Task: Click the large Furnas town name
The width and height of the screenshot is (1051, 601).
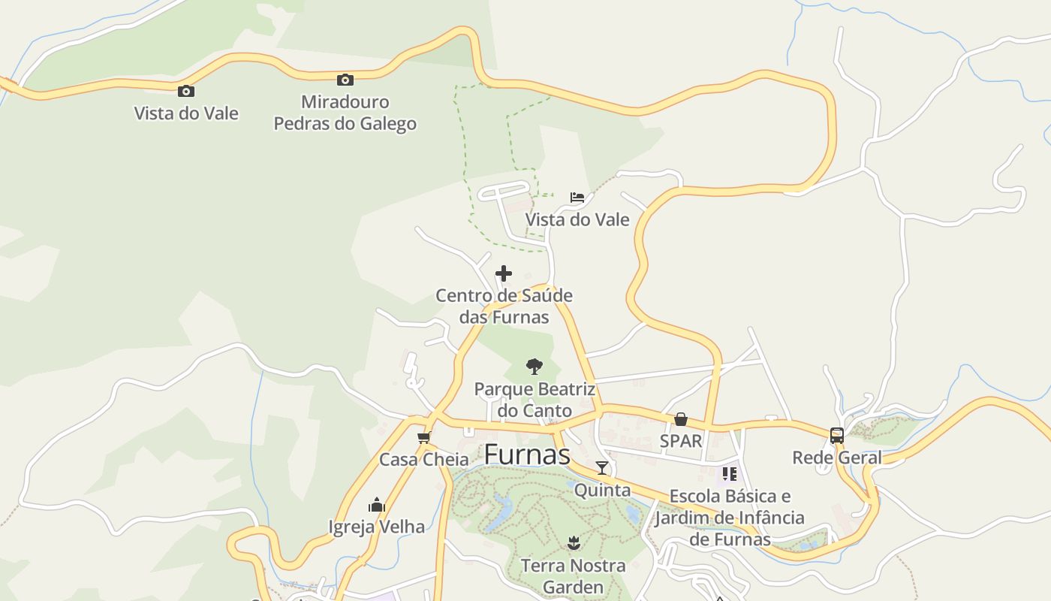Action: pyautogui.click(x=527, y=455)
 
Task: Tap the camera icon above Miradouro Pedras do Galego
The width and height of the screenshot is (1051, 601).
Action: pyautogui.click(x=345, y=80)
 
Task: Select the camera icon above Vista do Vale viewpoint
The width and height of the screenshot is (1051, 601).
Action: pyautogui.click(x=185, y=92)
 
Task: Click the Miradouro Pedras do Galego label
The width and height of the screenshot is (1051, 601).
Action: pyautogui.click(x=345, y=113)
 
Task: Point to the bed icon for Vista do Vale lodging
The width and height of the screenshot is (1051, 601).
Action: pyautogui.click(x=577, y=198)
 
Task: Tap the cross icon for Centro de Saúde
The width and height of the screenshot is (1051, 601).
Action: pyautogui.click(x=504, y=273)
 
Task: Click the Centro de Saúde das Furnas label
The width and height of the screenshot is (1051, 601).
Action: pyautogui.click(x=504, y=306)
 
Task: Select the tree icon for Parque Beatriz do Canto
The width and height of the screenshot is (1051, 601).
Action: pyautogui.click(x=535, y=367)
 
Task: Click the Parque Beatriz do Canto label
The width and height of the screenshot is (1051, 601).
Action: pyautogui.click(x=535, y=400)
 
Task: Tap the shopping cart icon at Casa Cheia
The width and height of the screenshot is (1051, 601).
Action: pyautogui.click(x=424, y=437)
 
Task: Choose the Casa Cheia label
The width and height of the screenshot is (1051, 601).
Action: pyautogui.click(x=423, y=459)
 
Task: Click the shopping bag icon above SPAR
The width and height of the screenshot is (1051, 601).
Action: pyautogui.click(x=681, y=419)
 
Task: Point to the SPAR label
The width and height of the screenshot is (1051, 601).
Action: pyautogui.click(x=681, y=441)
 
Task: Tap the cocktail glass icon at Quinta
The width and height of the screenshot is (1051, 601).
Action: pyautogui.click(x=602, y=468)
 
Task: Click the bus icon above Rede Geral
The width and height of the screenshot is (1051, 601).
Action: pyautogui.click(x=837, y=436)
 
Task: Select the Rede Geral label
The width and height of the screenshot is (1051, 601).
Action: pyautogui.click(x=837, y=458)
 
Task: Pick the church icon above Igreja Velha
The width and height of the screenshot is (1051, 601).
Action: pyautogui.click(x=377, y=505)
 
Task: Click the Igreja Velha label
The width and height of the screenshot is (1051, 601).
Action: pyautogui.click(x=377, y=527)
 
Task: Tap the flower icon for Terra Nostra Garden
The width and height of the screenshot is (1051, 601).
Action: pyautogui.click(x=574, y=542)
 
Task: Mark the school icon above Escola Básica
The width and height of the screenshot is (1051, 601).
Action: pyautogui.click(x=730, y=474)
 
